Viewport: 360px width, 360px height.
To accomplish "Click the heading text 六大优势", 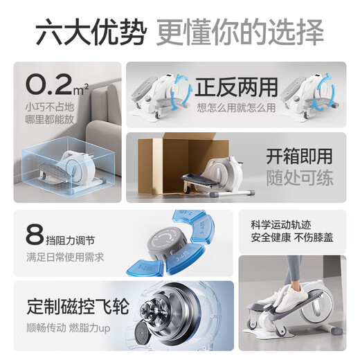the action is (91, 32).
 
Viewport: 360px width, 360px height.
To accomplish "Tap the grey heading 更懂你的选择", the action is (240, 32).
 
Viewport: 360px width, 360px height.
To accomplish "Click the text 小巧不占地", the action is (50, 107).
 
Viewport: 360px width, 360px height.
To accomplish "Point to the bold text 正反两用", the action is (236, 87).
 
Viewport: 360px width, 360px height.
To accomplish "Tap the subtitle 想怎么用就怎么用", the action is (236, 108).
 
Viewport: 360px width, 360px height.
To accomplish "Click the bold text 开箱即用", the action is (299, 156).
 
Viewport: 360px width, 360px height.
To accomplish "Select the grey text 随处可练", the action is (299, 178).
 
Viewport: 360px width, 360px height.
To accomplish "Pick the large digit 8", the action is (35, 235).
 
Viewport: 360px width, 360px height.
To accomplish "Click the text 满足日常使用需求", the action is (65, 258).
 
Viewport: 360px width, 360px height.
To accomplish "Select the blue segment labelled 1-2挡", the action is (145, 268).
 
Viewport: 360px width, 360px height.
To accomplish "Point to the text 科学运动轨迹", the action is (281, 225).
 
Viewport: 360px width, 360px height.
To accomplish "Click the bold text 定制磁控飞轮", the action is (78, 307).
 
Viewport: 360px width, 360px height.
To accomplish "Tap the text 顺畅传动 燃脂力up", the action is (69, 328).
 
